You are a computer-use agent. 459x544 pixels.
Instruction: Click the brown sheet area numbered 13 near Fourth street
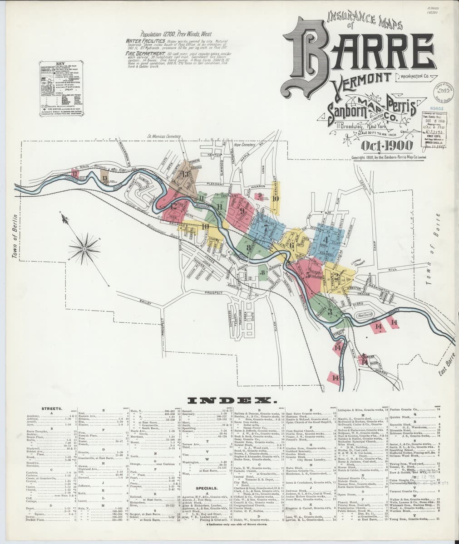pos(185,177)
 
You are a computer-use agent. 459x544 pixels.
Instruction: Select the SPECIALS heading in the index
pos(205,488)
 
